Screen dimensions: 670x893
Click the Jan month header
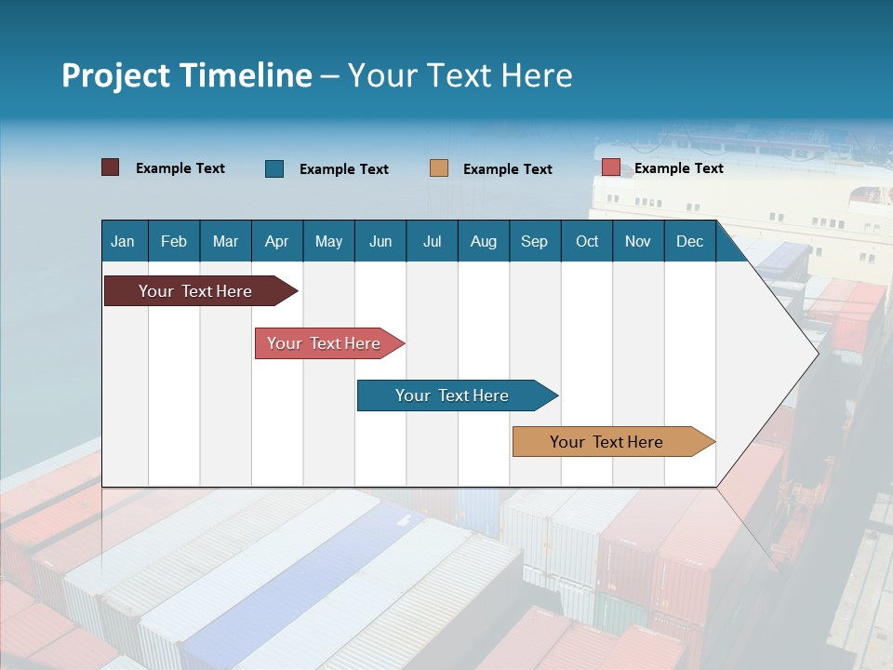coord(123,242)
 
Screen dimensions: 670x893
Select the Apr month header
coord(276,242)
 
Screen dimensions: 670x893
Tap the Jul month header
coord(432,242)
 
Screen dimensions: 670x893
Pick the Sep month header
coord(534,242)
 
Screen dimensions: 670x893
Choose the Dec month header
coord(689,242)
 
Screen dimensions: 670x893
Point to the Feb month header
coord(174,242)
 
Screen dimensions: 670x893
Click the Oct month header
coord(587,242)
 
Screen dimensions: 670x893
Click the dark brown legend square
coord(111,167)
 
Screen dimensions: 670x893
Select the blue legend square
coord(274,168)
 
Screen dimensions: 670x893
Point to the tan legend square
coord(439,168)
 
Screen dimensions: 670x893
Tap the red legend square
coord(611,167)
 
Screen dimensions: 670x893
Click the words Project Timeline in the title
coord(187,75)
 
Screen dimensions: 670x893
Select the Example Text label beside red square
coord(678,168)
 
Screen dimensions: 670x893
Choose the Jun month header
coord(380,242)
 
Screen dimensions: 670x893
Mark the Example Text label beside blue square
coord(343,169)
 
